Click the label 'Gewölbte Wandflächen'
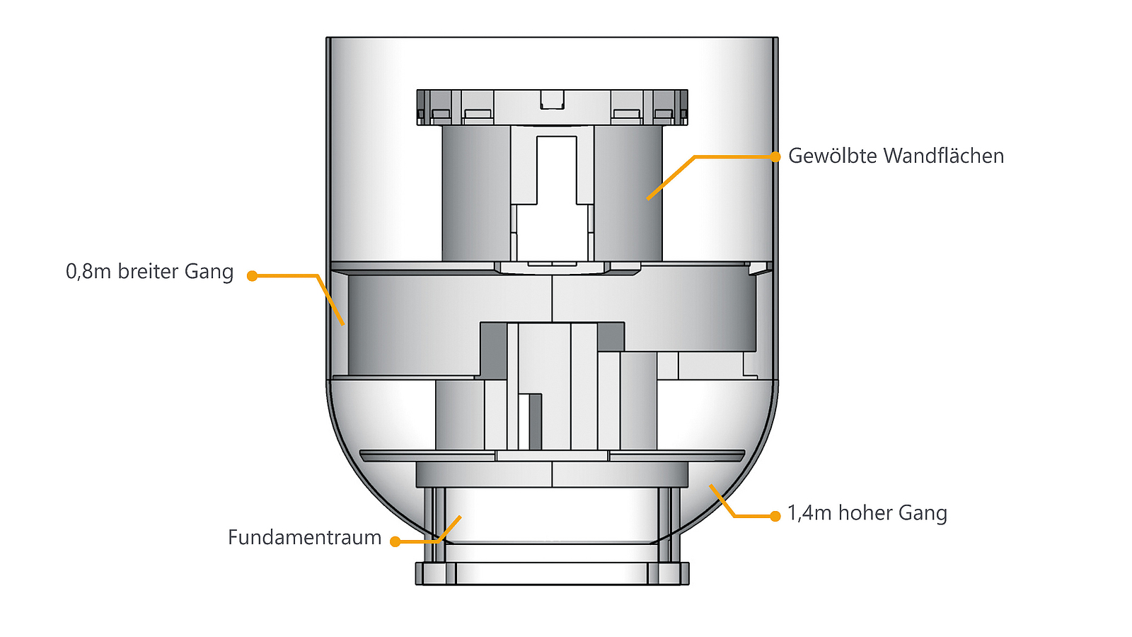click(896, 156)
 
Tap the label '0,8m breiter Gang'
click(149, 272)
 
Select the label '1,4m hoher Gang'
click(867, 513)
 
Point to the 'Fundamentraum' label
click(304, 538)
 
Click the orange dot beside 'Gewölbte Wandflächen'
click(775, 156)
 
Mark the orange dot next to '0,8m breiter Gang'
click(252, 275)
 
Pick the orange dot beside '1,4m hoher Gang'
click(775, 516)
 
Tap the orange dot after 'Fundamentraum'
click(395, 541)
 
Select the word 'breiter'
click(148, 272)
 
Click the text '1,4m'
click(809, 513)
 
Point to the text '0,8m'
click(88, 272)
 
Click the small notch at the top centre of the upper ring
click(552, 99)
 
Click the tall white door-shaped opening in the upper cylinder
click(556, 170)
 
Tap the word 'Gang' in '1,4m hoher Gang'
click(923, 513)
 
